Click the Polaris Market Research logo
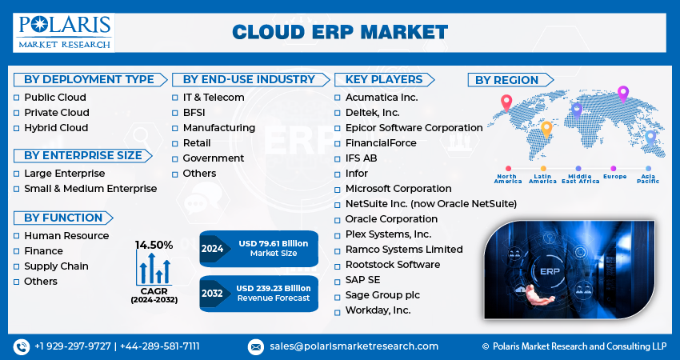63,31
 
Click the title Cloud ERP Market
340,32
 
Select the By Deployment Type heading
89,79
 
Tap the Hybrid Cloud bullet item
55,128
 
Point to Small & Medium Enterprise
90,189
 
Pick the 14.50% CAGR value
154,245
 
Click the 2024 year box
213,249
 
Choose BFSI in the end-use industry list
194,113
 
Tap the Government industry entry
213,158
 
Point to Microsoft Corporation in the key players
398,189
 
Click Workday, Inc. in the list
378,310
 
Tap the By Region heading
506,80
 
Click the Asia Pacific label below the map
648,179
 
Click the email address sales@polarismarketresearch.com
353,346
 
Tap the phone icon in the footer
22,346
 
